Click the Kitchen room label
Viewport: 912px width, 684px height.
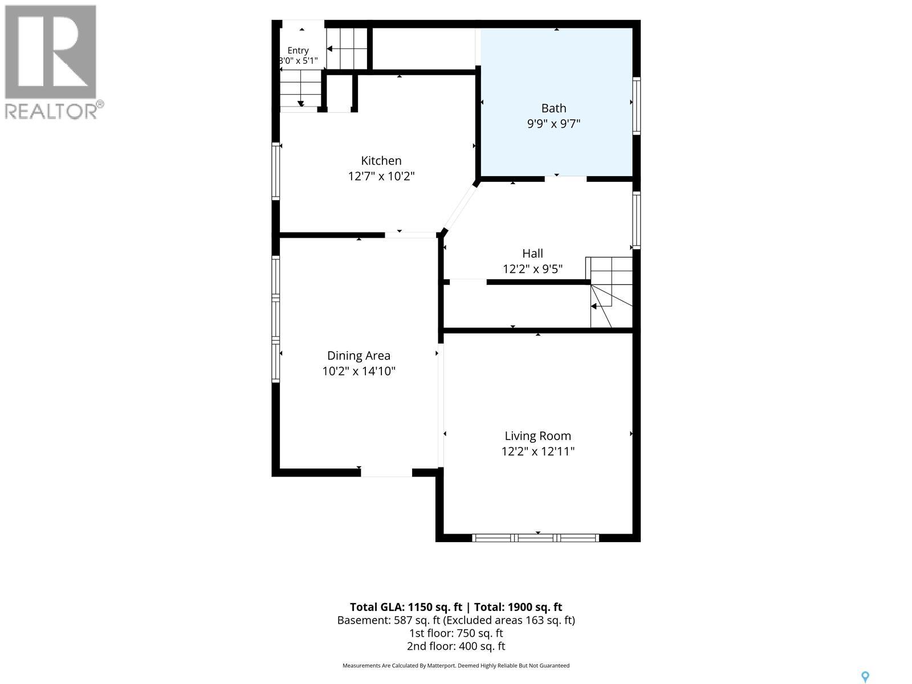coord(381,161)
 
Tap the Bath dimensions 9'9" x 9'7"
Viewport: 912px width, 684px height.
coord(553,123)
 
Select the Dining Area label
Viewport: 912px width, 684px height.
coord(359,356)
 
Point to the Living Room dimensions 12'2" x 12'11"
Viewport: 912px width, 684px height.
coord(538,451)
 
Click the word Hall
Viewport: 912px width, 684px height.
coord(532,253)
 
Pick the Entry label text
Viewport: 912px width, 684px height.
coord(298,51)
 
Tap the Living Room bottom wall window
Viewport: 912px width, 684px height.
coord(535,538)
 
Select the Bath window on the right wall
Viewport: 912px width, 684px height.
coord(636,105)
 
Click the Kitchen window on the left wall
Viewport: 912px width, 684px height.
coord(275,171)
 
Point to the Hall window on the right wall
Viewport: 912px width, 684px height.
coord(636,220)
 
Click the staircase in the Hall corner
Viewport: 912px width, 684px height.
coord(609,292)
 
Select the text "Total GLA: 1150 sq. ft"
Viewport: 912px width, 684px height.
coord(406,607)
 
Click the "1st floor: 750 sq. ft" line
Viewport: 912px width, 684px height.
coord(456,633)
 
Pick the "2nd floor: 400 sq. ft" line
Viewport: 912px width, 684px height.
coord(456,646)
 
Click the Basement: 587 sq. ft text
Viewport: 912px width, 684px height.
coord(384,621)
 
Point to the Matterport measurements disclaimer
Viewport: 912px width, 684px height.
coord(456,666)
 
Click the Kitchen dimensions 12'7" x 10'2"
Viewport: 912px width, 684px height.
coord(381,176)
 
